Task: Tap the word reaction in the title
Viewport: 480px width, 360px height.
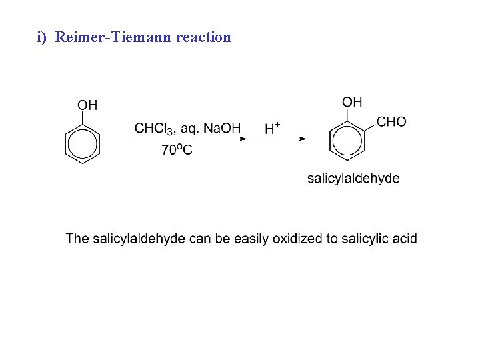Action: (203, 37)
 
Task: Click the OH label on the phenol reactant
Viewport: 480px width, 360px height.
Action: (87, 105)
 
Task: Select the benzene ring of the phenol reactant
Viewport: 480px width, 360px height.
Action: (82, 145)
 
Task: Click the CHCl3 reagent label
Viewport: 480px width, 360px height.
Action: (153, 128)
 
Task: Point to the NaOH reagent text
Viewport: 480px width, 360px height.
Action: (222, 128)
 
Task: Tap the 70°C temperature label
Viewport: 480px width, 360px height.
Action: (177, 150)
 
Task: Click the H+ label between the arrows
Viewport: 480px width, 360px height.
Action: (273, 128)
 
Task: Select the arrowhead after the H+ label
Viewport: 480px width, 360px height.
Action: (303, 139)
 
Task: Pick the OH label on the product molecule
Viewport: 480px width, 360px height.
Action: (352, 101)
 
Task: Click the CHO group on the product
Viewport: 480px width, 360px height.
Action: (391, 121)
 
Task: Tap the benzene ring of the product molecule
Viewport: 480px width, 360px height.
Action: (347, 141)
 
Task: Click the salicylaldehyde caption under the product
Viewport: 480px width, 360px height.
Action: (353, 178)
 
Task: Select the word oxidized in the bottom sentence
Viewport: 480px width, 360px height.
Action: (297, 238)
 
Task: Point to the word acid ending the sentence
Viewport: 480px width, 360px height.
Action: (405, 238)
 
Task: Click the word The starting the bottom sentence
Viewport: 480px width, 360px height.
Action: (77, 238)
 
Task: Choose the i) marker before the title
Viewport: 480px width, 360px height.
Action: (42, 37)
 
